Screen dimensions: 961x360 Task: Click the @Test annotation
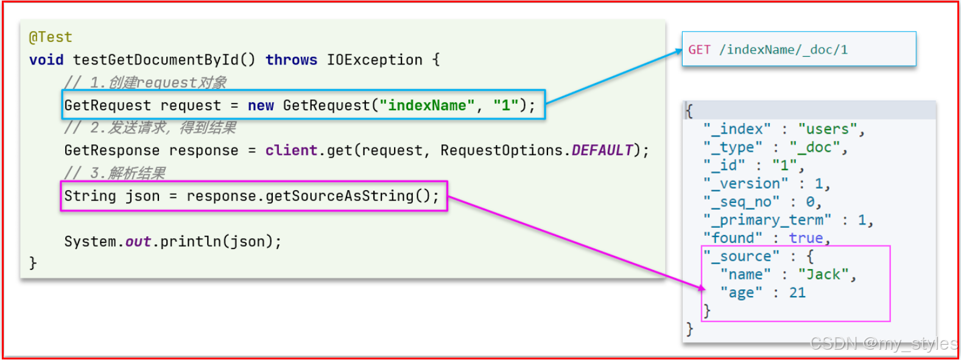[51, 37]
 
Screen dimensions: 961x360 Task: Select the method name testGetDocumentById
[155, 60]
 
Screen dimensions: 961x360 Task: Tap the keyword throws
[291, 60]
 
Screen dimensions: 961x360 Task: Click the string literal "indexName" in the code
[426, 105]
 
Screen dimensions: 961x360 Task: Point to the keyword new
[261, 105]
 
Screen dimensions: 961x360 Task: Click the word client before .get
[291, 150]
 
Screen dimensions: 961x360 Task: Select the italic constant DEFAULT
[602, 150]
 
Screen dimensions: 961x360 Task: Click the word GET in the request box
[699, 50]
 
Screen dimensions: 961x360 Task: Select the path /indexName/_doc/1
[783, 50]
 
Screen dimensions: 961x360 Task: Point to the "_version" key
[745, 184]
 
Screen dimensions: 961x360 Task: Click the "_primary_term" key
[767, 220]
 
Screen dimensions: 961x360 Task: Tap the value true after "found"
[806, 238]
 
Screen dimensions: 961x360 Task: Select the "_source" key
[741, 256]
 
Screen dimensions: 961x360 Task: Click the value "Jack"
[823, 275]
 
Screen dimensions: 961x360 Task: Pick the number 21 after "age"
[797, 293]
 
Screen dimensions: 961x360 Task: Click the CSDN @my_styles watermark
[883, 344]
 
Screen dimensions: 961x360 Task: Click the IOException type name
[375, 60]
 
